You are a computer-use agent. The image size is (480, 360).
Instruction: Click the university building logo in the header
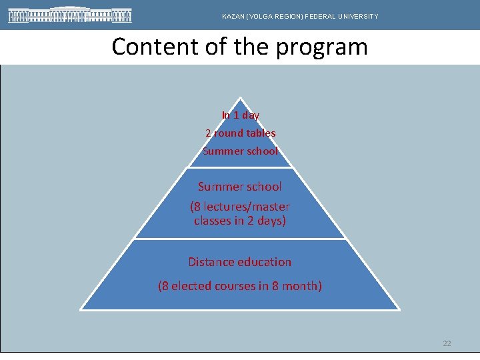[x=70, y=15]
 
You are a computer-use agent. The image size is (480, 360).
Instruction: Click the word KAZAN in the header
[x=233, y=16]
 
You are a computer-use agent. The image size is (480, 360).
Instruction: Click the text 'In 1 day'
[x=240, y=115]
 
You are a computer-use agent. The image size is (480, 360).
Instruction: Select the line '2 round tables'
[x=240, y=133]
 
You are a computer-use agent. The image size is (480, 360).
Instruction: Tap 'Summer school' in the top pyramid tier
[x=240, y=151]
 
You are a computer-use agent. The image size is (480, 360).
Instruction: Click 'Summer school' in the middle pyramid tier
[x=240, y=187]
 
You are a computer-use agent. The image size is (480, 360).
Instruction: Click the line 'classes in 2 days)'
[x=240, y=221]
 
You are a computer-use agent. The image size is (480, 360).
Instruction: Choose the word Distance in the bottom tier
[x=211, y=262]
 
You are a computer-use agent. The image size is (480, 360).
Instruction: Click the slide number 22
[x=447, y=343]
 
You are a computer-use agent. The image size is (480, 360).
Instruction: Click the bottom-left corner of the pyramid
[x=81, y=309]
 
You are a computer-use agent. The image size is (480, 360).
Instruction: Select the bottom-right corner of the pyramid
[x=399, y=309]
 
